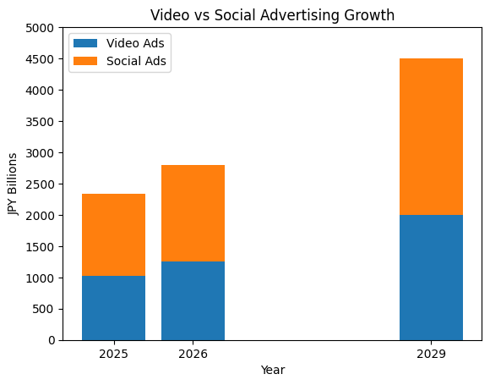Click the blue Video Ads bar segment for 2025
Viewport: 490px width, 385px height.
(x=113, y=308)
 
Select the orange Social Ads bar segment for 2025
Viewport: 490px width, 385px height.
(x=113, y=234)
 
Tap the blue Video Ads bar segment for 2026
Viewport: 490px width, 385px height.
(x=193, y=300)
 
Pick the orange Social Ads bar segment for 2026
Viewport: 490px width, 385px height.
(x=193, y=213)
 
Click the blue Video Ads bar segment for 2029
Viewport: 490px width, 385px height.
(x=431, y=278)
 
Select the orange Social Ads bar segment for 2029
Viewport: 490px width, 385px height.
(x=431, y=136)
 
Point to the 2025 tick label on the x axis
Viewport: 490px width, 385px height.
(x=113, y=354)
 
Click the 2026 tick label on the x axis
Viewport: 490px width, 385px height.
(x=193, y=354)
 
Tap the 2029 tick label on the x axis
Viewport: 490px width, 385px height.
(x=431, y=354)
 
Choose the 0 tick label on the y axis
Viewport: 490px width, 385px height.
(x=53, y=341)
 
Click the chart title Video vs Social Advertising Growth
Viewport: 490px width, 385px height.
(x=272, y=15)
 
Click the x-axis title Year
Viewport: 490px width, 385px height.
(x=272, y=371)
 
